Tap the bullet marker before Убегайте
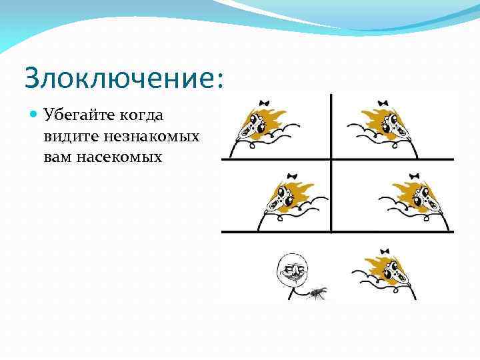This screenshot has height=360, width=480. (33, 115)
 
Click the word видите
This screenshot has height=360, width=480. (71, 137)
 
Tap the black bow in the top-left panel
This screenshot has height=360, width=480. (265, 103)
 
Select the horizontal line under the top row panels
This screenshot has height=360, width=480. (337, 159)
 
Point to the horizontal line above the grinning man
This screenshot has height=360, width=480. (337, 231)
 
